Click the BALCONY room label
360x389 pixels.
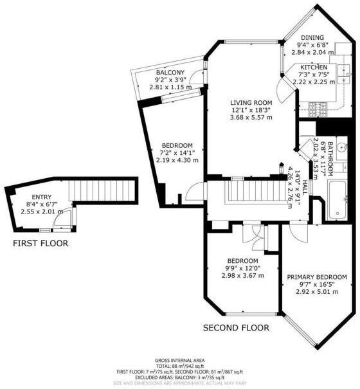coord(170,72)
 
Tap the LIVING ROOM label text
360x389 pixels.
coord(252,102)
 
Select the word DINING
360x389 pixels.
coord(312,37)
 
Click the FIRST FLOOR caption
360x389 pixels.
coord(40,244)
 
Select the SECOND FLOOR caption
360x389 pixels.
coord(236,327)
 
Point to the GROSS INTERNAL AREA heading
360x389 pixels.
coord(179,361)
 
